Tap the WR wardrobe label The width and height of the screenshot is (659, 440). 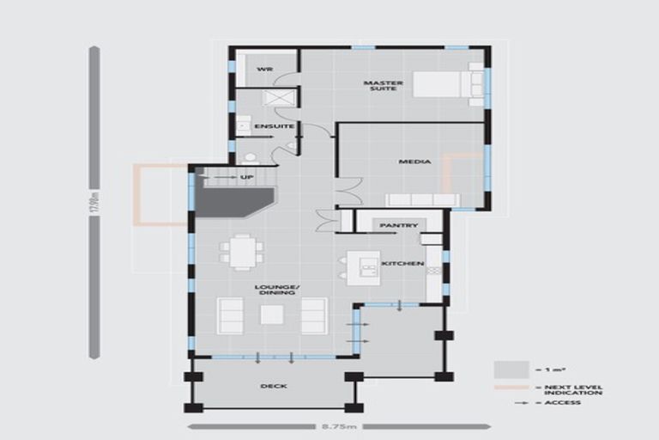tap(264, 69)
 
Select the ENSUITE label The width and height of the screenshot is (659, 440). tap(274, 126)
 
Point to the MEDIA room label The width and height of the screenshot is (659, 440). tap(414, 162)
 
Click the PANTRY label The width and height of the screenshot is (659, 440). tap(398, 225)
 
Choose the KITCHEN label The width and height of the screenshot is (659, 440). tap(402, 263)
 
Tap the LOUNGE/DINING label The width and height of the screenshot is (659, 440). tap(275, 290)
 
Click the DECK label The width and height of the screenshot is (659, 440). tap(273, 386)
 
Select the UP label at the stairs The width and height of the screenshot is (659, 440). tap(247, 178)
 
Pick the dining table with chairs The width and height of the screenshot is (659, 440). tap(241, 251)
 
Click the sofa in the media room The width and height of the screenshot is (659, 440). tap(422, 200)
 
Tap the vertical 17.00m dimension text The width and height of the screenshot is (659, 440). tap(94, 203)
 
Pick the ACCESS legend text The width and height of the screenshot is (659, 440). tap(563, 402)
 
